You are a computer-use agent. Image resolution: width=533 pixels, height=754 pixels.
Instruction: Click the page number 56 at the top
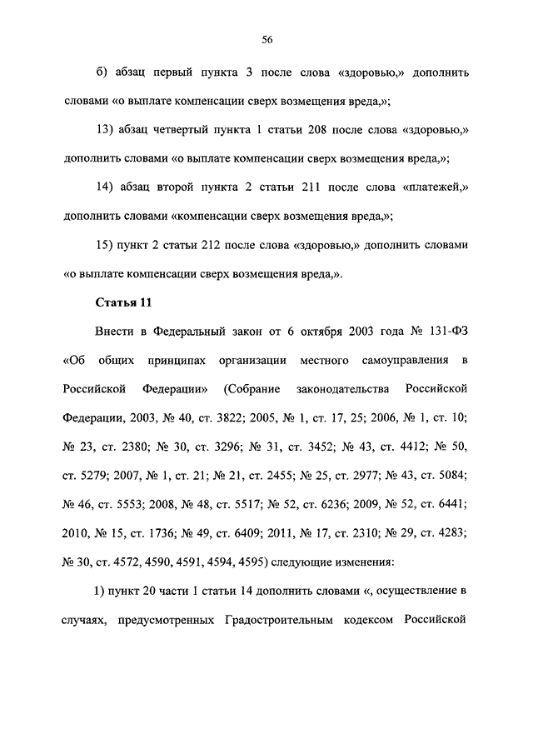pyautogui.click(x=266, y=39)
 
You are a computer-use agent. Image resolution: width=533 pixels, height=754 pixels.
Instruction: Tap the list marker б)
pyautogui.click(x=102, y=72)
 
